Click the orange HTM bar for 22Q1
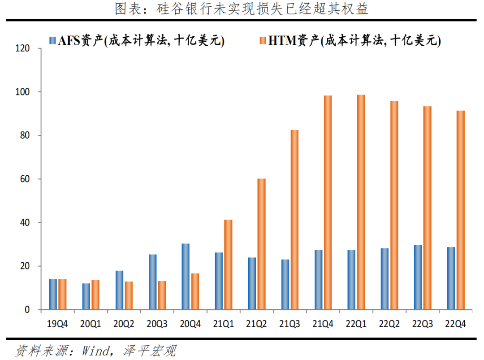point(361,202)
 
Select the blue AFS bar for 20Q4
point(185,277)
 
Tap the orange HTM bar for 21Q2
point(261,244)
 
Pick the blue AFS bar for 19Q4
point(53,295)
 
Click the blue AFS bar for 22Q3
point(418,278)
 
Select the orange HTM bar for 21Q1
point(228,265)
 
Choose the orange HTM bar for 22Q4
point(460,210)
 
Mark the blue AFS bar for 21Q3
point(285,285)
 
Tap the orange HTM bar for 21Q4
point(328,203)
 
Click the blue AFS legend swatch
point(53,41)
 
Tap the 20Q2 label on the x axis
point(123,324)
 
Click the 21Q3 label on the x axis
point(289,324)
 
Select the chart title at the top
point(242,9)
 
